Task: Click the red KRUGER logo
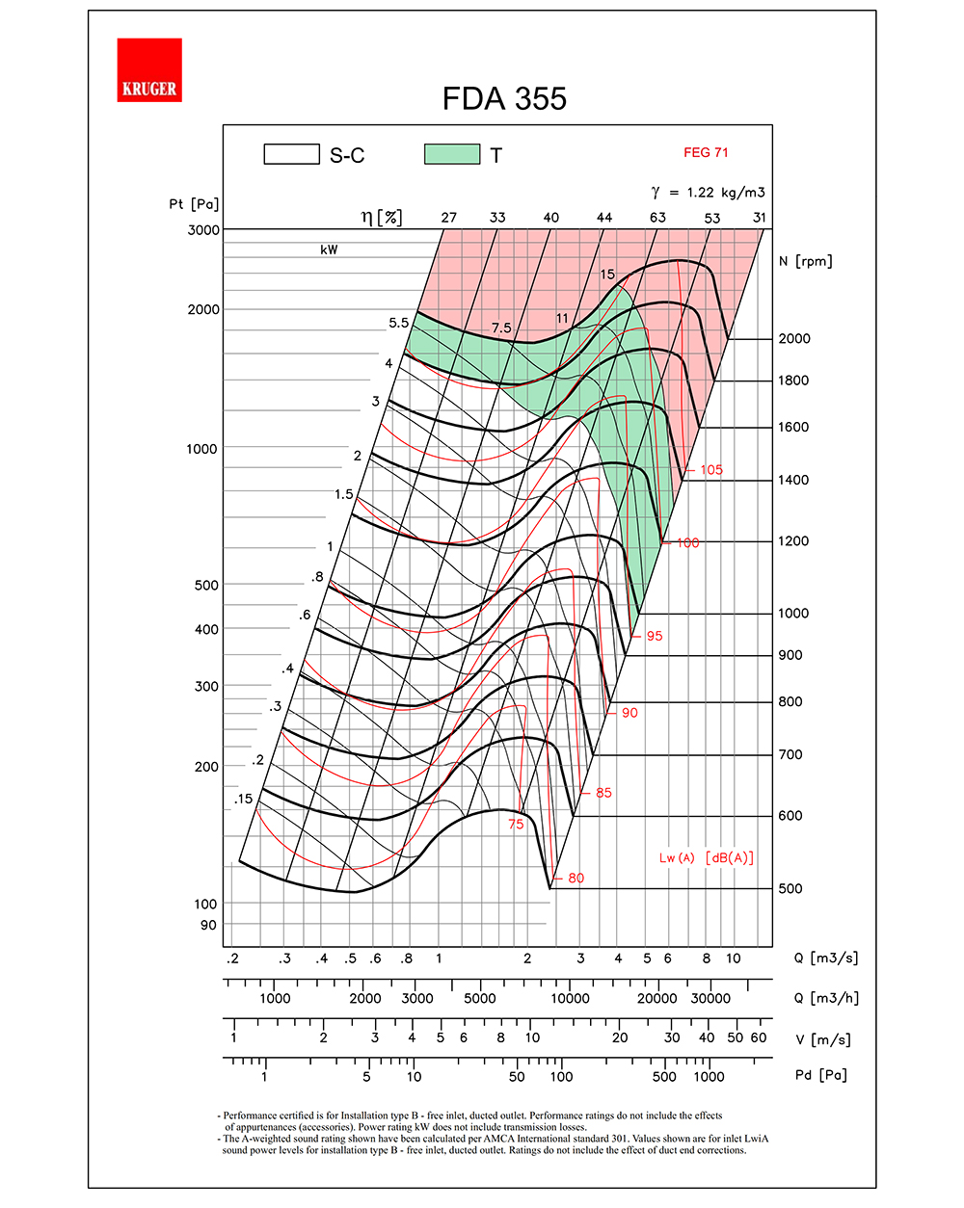point(149,70)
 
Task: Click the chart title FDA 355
point(504,98)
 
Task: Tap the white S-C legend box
point(291,154)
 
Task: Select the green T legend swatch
point(452,154)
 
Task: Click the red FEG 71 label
point(706,152)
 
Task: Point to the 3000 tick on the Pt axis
point(203,229)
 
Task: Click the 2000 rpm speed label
point(794,338)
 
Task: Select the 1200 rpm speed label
point(793,540)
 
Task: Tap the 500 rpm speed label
point(790,888)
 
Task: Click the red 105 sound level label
point(711,470)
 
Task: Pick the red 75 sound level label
point(516,824)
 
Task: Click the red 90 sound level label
point(629,713)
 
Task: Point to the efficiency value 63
point(657,218)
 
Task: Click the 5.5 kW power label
point(399,324)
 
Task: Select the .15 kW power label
point(243,799)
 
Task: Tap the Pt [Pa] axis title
point(194,204)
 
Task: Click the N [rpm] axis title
point(805,261)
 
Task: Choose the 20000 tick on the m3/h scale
point(656,998)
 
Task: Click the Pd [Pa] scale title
point(820,1075)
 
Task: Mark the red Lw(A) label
point(677,858)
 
